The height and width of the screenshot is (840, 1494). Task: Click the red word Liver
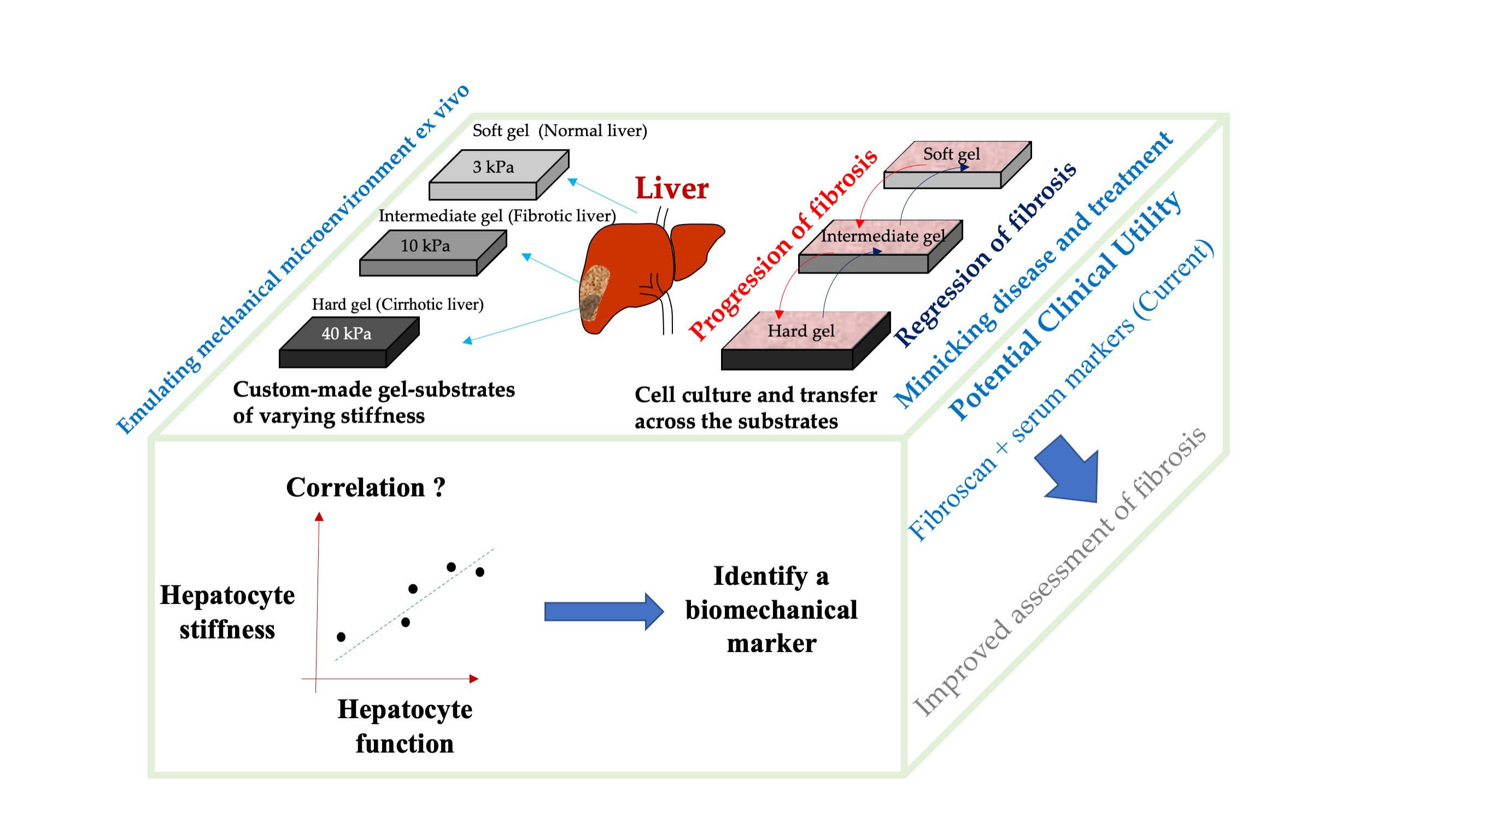pyautogui.click(x=672, y=189)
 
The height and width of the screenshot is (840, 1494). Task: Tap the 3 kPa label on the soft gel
pyautogui.click(x=493, y=168)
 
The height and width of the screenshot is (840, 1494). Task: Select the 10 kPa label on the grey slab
pyautogui.click(x=425, y=246)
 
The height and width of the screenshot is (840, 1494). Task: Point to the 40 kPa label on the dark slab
pyautogui.click(x=346, y=333)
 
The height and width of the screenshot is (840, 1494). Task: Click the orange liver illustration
pyautogui.click(x=638, y=267)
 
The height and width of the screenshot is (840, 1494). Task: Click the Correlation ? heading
pyautogui.click(x=366, y=487)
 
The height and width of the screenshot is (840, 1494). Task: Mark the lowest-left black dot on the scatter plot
pyautogui.click(x=341, y=637)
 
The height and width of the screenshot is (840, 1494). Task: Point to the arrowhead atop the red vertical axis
pyautogui.click(x=319, y=516)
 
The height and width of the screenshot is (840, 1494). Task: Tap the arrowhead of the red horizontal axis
pyautogui.click(x=474, y=678)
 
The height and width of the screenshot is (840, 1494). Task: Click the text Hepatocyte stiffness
pyautogui.click(x=227, y=612)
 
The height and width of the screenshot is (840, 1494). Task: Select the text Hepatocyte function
pyautogui.click(x=405, y=726)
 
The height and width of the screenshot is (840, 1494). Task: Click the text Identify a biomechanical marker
pyautogui.click(x=771, y=610)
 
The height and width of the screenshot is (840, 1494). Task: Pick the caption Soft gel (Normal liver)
pyautogui.click(x=560, y=131)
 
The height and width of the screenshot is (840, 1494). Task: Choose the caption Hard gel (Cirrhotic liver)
pyautogui.click(x=398, y=304)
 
